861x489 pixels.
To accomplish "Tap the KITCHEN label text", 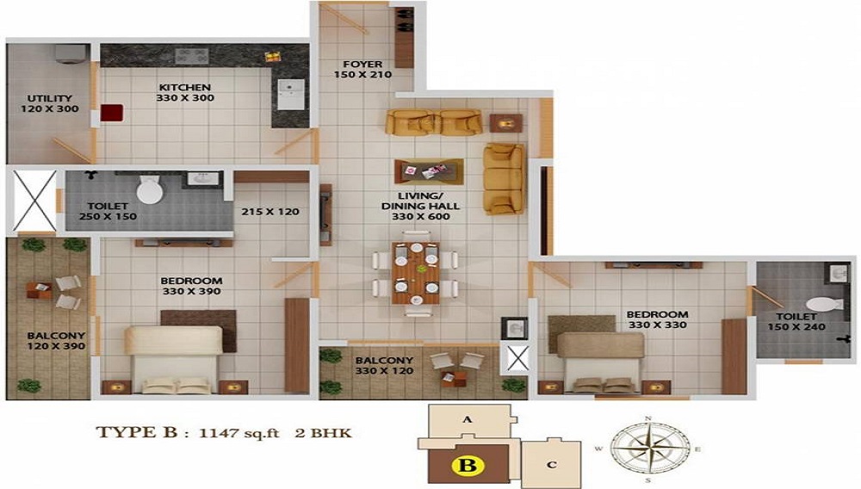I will point(184,88).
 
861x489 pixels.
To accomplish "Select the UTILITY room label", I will point(49,99).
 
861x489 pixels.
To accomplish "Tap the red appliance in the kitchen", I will point(111,114).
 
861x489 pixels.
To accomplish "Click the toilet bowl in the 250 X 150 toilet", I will point(149,189).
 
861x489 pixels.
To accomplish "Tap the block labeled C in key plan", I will point(551,464).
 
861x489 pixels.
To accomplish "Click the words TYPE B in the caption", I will point(132,433).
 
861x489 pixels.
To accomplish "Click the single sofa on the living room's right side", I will point(502,178).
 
